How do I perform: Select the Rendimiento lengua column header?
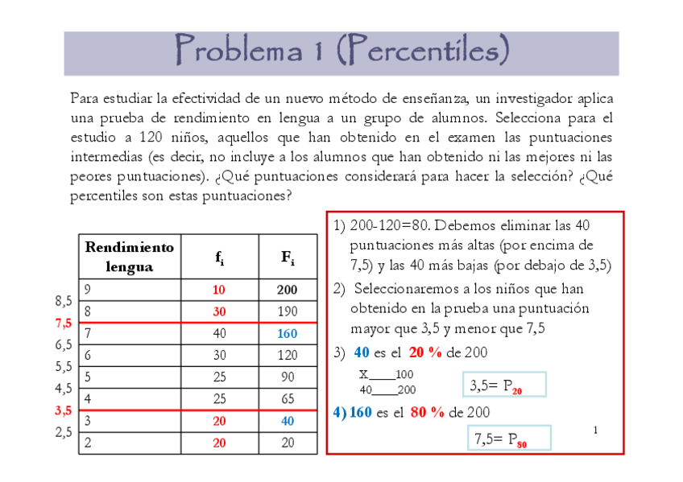click(x=129, y=257)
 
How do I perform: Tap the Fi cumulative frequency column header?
click(x=288, y=257)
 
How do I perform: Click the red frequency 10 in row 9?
click(x=220, y=290)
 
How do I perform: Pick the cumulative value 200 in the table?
click(x=288, y=290)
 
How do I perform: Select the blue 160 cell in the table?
click(x=288, y=333)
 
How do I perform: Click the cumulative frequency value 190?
click(x=288, y=311)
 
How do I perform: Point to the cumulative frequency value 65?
click(x=288, y=398)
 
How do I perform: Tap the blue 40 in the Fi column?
click(x=288, y=420)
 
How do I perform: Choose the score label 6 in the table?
click(x=89, y=355)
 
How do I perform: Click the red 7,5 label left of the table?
click(x=64, y=323)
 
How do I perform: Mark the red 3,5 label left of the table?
click(x=64, y=410)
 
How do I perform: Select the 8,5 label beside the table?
click(x=64, y=301)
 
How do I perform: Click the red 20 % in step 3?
click(x=427, y=352)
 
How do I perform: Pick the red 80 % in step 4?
click(x=428, y=412)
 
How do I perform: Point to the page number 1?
click(x=595, y=431)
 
